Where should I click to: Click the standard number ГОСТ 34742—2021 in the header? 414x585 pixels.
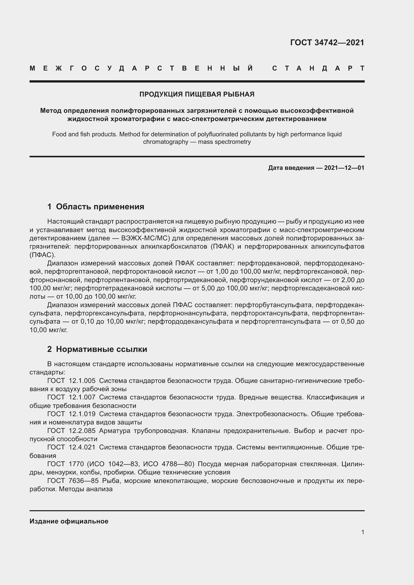(x=327, y=43)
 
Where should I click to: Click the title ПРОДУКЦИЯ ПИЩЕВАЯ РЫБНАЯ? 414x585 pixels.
(x=197, y=94)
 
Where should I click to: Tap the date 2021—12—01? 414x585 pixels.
(x=344, y=168)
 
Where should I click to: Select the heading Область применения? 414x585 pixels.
(x=100, y=206)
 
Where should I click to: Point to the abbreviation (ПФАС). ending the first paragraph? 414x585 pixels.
(x=42, y=255)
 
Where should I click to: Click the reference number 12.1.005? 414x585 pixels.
(x=82, y=381)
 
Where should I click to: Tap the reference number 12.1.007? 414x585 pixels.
(x=82, y=397)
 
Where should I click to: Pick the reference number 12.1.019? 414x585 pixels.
(x=82, y=414)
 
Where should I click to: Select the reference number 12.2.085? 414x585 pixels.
(x=82, y=431)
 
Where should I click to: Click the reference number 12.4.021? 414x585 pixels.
(x=82, y=447)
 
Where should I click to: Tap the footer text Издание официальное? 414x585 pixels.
(x=69, y=521)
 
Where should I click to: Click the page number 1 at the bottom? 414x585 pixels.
(x=363, y=532)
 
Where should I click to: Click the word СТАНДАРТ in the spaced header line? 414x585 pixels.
(x=318, y=69)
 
